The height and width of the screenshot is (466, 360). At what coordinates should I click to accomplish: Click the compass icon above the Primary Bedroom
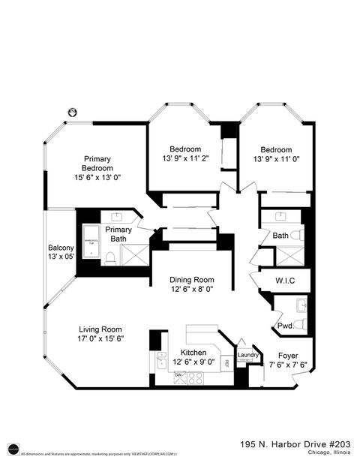point(73,111)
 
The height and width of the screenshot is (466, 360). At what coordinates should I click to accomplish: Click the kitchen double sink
point(161,361)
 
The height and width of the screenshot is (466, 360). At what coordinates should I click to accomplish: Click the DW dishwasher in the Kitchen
point(178,375)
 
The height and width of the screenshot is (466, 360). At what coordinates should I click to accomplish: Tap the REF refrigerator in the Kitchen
point(226,363)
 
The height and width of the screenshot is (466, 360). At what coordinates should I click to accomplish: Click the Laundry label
point(248,355)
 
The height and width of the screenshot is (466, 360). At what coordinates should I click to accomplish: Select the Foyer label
point(289,356)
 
